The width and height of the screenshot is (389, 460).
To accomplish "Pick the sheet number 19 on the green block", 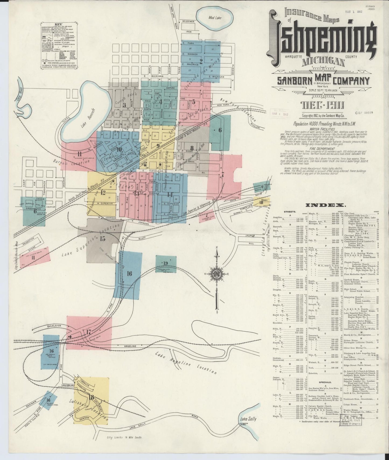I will click(165, 263).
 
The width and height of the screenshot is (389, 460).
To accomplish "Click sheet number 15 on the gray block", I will click(103, 238).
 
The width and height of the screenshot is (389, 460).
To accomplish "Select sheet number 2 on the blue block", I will click(201, 61).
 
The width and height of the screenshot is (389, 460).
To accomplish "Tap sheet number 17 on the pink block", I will click(89, 332).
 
